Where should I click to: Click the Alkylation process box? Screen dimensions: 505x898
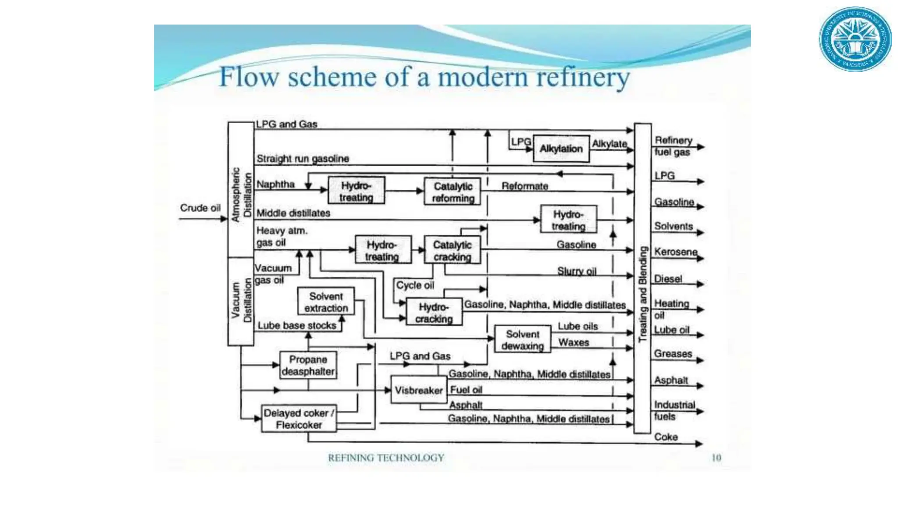click(x=561, y=149)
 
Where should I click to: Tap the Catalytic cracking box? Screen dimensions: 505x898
click(x=452, y=250)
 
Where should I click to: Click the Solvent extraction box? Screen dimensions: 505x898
click(x=326, y=302)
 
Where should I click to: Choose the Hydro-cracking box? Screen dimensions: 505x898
click(x=434, y=313)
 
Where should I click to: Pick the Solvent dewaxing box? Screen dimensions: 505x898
click(x=522, y=340)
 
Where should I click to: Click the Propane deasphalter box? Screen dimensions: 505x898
click(x=308, y=365)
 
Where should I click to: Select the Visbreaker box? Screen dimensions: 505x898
click(x=418, y=390)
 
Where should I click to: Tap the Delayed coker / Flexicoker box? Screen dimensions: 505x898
click(x=299, y=419)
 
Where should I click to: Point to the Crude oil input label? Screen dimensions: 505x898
click(x=200, y=208)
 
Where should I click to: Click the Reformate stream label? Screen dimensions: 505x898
click(x=525, y=186)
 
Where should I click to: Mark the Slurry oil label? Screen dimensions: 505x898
click(x=577, y=271)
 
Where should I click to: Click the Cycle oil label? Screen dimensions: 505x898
click(x=415, y=285)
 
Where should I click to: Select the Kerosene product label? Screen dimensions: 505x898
click(x=675, y=252)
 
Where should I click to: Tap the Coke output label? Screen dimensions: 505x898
click(x=666, y=437)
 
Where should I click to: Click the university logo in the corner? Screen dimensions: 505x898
click(x=855, y=39)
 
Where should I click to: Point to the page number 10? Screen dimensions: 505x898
click(x=716, y=458)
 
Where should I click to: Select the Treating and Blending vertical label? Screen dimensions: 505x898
click(x=642, y=294)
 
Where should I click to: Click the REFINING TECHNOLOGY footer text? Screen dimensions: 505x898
click(x=386, y=458)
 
